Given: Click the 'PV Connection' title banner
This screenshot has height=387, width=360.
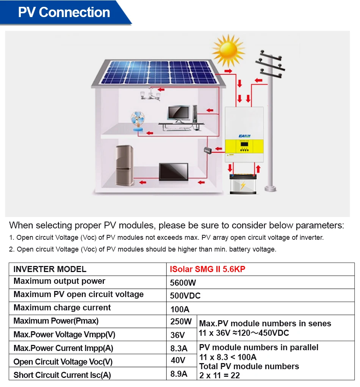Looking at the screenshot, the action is (x=64, y=13).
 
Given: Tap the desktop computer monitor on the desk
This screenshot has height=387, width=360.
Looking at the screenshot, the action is (x=178, y=113).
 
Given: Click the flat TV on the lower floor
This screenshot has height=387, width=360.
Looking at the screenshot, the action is (x=173, y=176).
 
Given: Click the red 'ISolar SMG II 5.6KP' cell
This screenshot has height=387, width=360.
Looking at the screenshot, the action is (x=208, y=269).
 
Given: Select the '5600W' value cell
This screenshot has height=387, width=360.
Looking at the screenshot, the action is (x=183, y=283).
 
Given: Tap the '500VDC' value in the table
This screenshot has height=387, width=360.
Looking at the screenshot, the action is (x=185, y=296).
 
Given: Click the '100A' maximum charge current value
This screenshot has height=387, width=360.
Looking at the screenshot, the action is (x=180, y=309).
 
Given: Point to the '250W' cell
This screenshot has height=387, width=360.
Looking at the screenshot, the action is (x=181, y=322).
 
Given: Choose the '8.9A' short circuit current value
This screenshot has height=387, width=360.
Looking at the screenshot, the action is (x=179, y=374).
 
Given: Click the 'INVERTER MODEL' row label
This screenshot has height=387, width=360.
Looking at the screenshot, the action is (x=50, y=269).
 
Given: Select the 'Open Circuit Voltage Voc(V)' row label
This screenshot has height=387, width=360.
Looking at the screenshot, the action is (x=63, y=362).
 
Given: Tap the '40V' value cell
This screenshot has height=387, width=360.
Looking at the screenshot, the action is (x=178, y=360).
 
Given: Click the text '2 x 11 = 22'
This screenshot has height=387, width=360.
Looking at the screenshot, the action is (x=219, y=375).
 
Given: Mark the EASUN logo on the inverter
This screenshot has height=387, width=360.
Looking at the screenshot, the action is (x=244, y=136).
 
